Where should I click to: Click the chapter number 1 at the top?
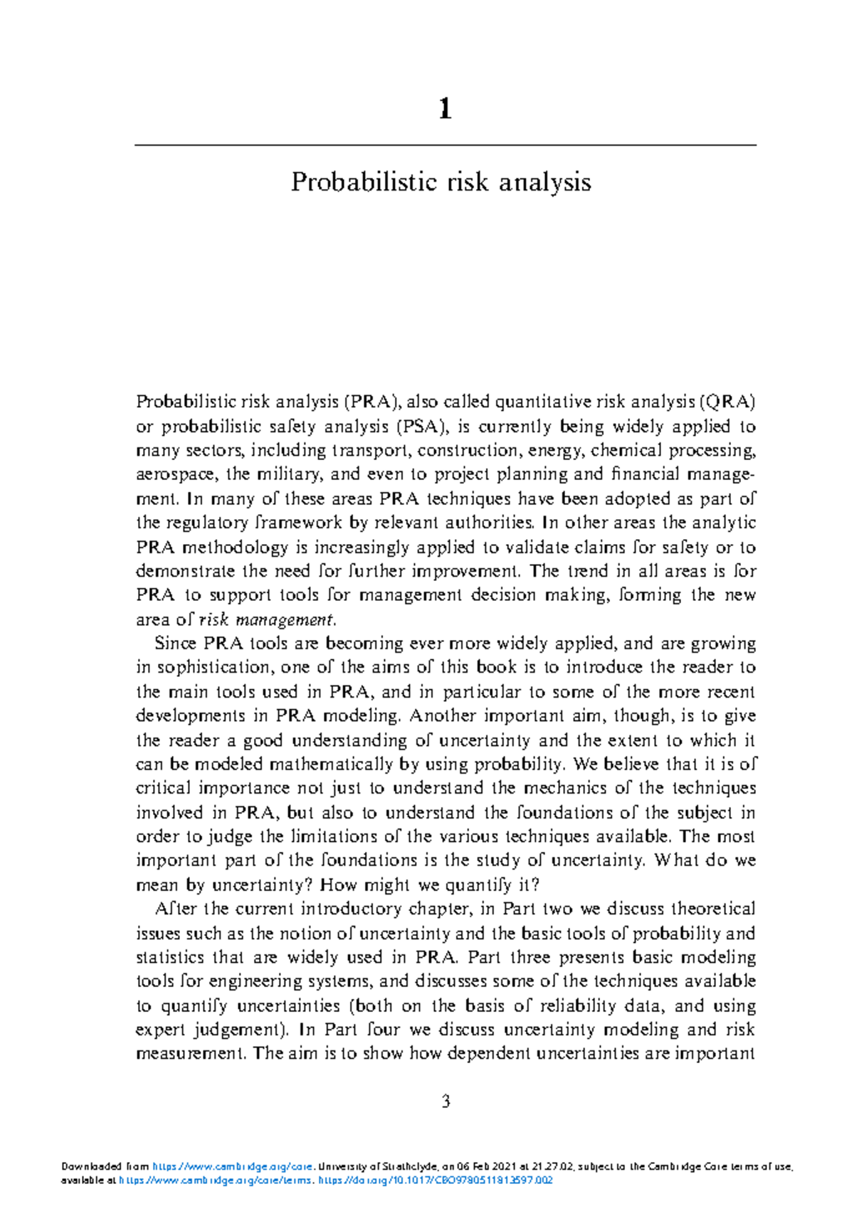pyautogui.click(x=445, y=109)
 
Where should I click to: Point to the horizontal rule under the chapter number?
pyautogui.click(x=445, y=145)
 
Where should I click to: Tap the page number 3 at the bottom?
pyautogui.click(x=446, y=1101)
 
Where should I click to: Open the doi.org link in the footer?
pyautogui.click(x=436, y=1180)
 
